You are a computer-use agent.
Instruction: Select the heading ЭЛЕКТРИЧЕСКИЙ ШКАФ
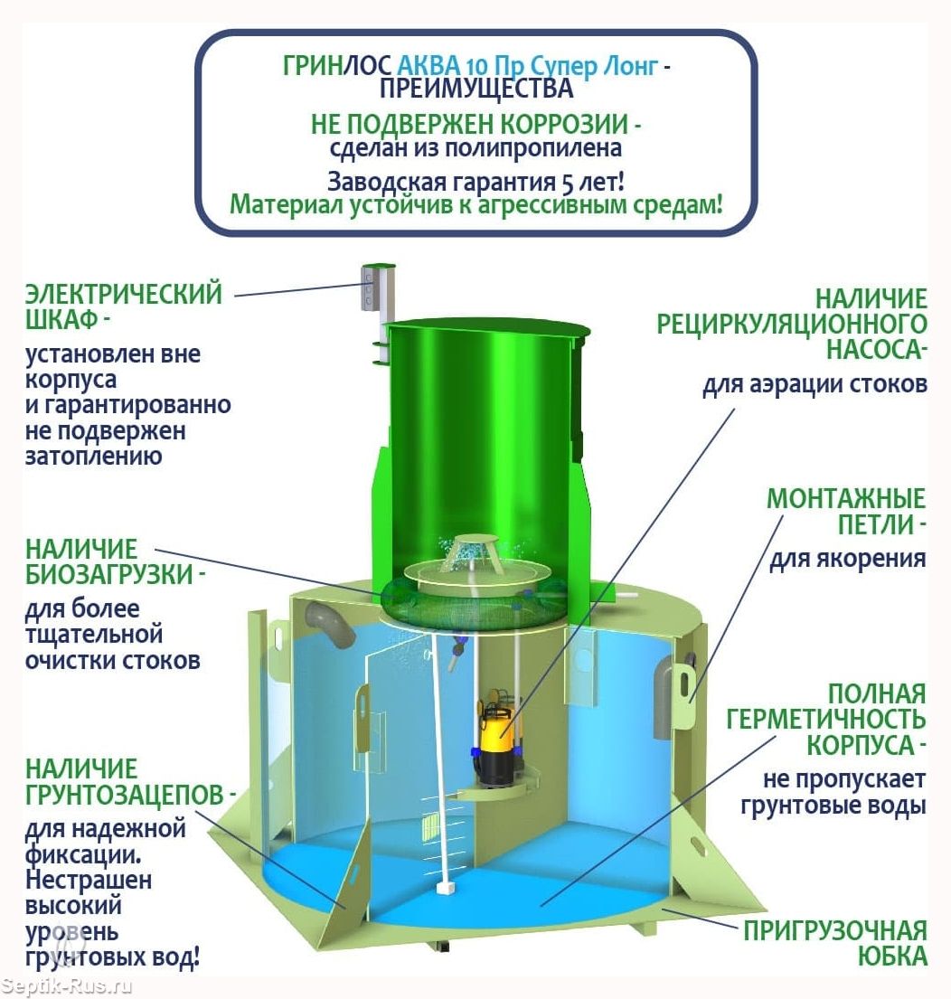tap(124, 307)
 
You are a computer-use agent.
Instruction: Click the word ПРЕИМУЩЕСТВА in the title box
tap(475, 88)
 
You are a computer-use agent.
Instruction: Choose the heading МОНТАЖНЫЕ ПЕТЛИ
tap(846, 511)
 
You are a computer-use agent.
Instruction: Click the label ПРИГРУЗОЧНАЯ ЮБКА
tap(835, 943)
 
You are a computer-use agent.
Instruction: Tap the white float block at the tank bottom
tap(444, 890)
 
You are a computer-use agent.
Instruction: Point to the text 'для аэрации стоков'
tap(814, 384)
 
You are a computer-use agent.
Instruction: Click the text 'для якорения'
tap(847, 559)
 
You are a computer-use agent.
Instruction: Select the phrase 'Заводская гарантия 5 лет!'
tap(475, 178)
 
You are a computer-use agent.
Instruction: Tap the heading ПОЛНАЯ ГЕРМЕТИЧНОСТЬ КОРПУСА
tap(828, 720)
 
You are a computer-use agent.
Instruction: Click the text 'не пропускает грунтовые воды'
tap(833, 791)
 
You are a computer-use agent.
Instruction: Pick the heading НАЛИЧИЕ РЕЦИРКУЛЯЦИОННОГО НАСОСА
tap(793, 323)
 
